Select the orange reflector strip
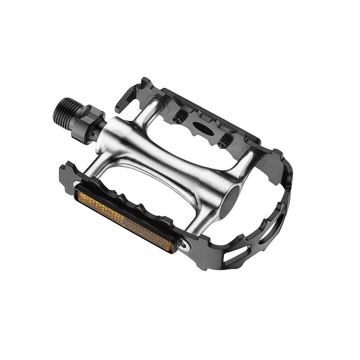[123, 220]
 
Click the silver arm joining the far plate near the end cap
[245, 162]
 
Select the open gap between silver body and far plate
[198, 144]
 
